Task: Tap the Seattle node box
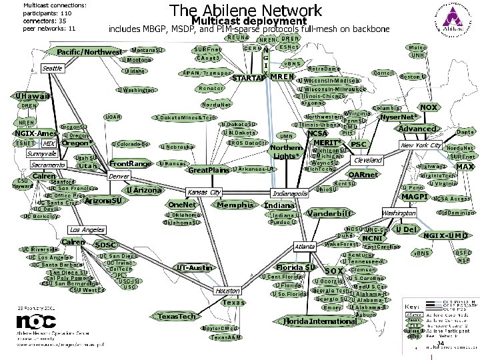pyautogui.click(x=52, y=69)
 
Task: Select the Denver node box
pyautogui.click(x=119, y=177)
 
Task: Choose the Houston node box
pyautogui.click(x=227, y=291)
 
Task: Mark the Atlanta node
pyautogui.click(x=305, y=247)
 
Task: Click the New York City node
pyautogui.click(x=421, y=145)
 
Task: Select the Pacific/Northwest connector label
pyautogui.click(x=89, y=52)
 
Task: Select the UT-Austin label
pyautogui.click(x=195, y=267)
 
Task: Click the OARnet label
pyautogui.click(x=363, y=175)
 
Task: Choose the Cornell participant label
pyautogui.click(x=383, y=72)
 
